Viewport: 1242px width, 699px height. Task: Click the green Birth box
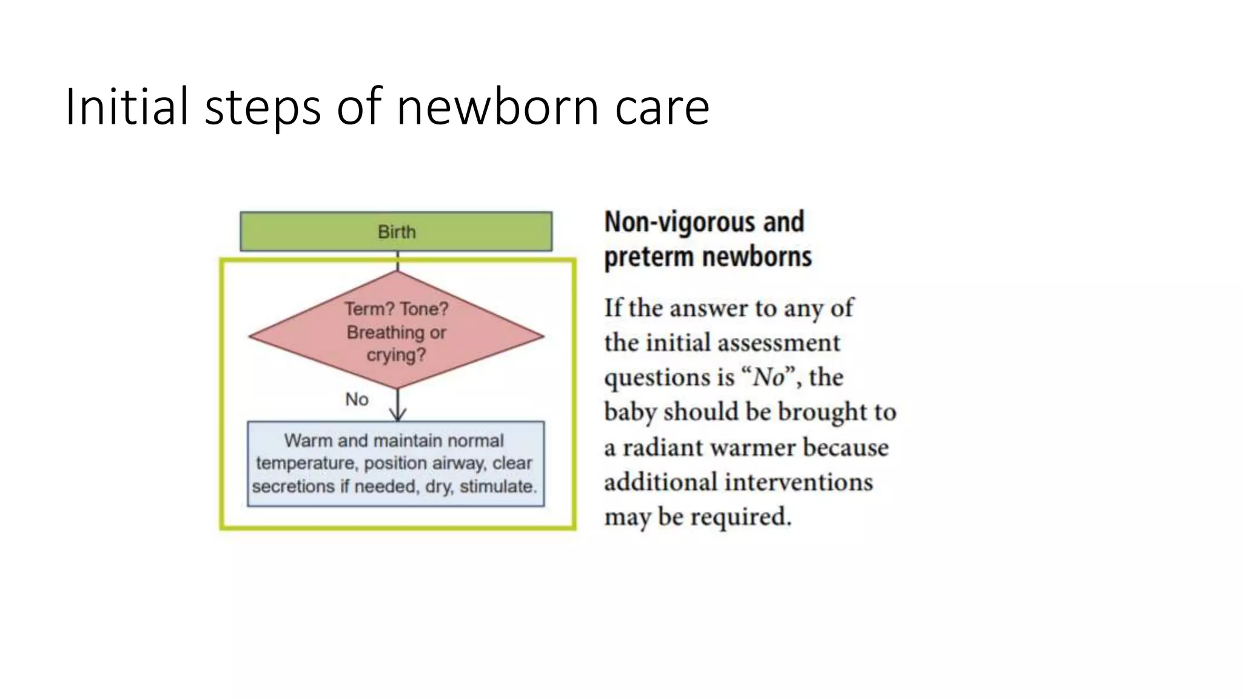396,231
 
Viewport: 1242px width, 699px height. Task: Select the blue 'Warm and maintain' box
395,463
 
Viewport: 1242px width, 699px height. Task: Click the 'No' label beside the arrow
357,399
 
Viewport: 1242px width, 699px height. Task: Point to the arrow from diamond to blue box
398,405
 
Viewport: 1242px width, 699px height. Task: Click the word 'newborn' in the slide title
498,107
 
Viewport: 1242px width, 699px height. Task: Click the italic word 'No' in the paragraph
768,377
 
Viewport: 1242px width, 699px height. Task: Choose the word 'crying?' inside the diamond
396,355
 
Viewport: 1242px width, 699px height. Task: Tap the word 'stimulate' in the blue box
497,487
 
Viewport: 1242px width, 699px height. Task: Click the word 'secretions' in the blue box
294,487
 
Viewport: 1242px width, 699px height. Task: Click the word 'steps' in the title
263,107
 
